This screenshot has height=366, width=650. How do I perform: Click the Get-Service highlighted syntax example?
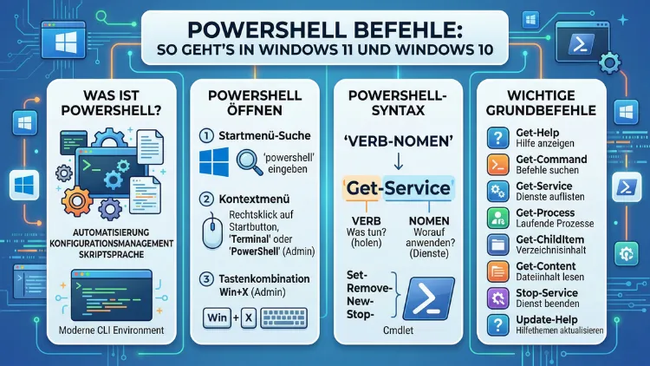click(x=398, y=188)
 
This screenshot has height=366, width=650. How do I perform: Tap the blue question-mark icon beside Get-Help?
click(x=497, y=138)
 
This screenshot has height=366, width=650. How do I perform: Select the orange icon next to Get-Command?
click(x=497, y=165)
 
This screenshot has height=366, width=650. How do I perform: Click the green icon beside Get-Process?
click(x=497, y=218)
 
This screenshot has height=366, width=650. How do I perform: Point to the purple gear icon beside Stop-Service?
click(x=497, y=298)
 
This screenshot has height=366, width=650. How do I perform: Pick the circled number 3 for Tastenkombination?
click(x=205, y=279)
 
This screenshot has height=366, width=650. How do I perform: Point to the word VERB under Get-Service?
click(x=368, y=222)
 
